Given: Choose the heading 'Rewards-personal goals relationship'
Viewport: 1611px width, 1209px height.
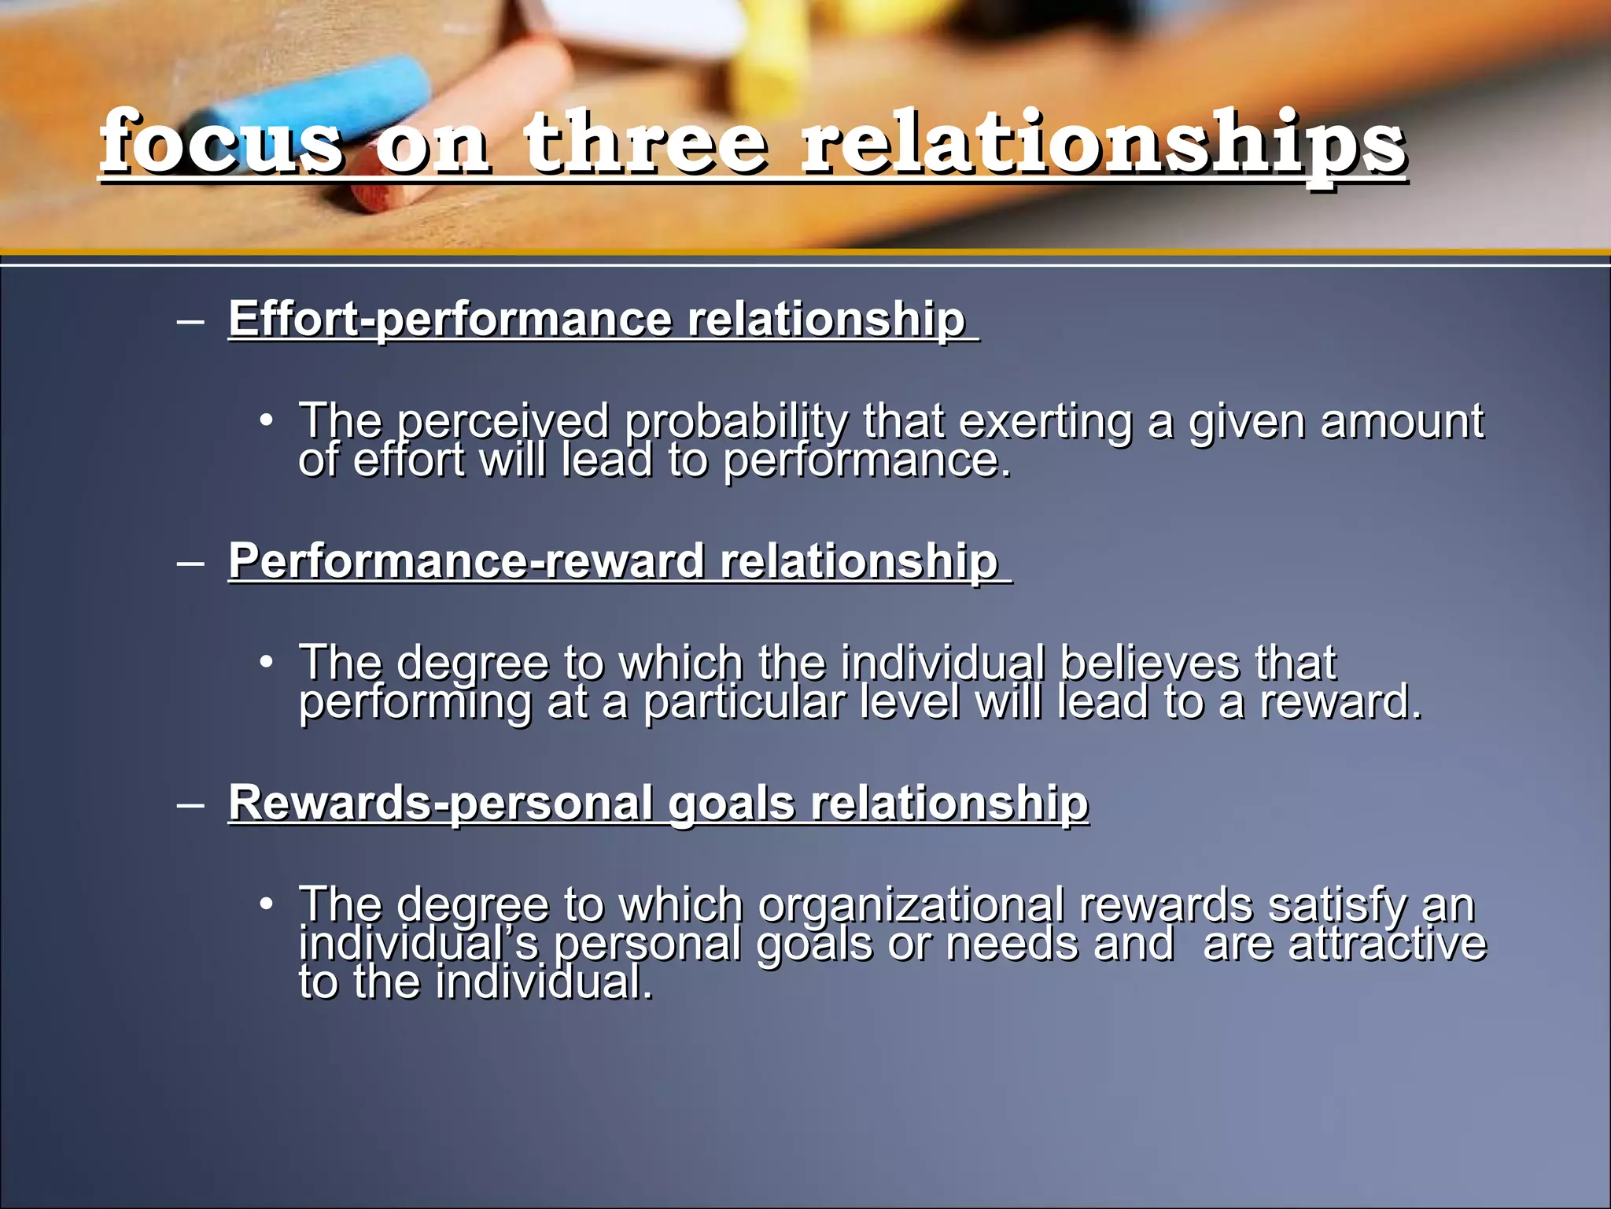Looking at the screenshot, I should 658,803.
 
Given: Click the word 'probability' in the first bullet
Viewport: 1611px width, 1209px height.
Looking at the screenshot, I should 736,422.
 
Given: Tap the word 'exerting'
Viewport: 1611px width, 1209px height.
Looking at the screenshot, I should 1045,422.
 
